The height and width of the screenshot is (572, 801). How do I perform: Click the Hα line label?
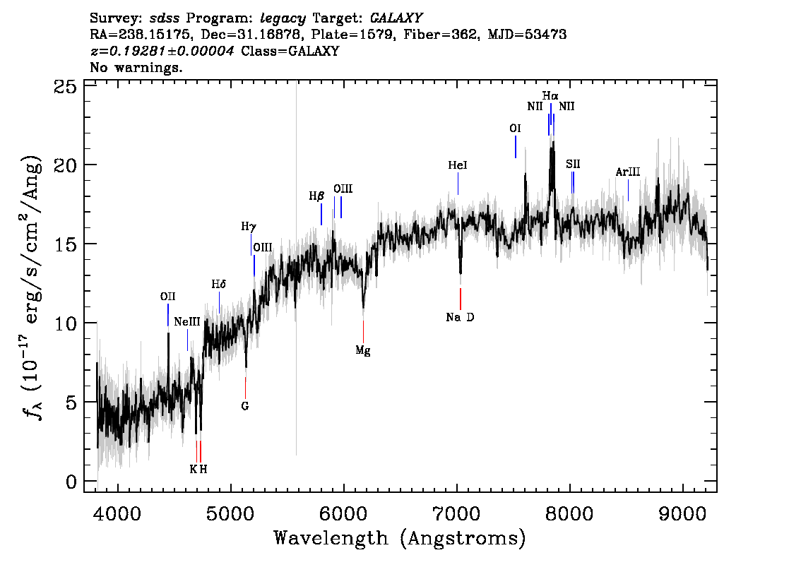click(550, 95)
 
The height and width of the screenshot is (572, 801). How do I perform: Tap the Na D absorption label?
click(460, 317)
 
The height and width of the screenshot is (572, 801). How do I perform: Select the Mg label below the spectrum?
click(362, 350)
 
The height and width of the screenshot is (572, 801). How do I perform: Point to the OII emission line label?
click(167, 296)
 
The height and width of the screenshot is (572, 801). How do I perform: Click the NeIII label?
click(187, 322)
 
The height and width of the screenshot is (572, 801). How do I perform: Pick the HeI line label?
click(458, 165)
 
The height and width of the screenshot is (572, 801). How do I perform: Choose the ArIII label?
click(627, 172)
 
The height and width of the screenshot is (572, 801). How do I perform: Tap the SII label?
click(573, 164)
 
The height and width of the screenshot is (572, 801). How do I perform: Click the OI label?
click(515, 129)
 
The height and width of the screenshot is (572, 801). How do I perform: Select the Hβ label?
click(316, 196)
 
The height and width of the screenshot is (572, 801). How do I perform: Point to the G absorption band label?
click(244, 406)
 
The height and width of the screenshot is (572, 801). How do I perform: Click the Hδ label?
click(219, 284)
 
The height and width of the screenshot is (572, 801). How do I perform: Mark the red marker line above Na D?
click(461, 299)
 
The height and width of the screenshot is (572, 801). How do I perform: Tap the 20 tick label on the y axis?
click(66, 165)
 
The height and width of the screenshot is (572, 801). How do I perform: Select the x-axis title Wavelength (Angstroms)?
click(400, 538)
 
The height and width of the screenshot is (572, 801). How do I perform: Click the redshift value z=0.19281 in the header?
click(162, 51)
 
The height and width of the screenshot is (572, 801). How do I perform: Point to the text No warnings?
click(136, 67)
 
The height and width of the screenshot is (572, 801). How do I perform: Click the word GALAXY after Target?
click(396, 18)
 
